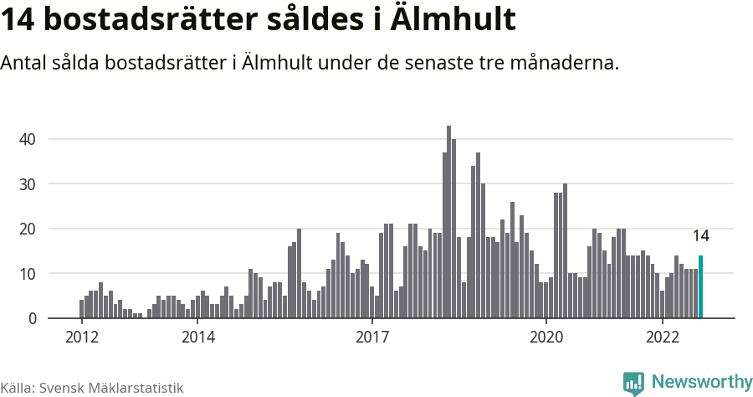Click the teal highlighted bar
700,287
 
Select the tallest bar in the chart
448,222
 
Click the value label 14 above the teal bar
700,236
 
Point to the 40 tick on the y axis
28,139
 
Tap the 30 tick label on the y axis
28,183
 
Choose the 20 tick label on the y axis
28,229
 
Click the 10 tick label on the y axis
28,274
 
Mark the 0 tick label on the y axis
33,318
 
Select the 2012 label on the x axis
81,337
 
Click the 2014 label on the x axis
197,337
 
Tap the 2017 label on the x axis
372,337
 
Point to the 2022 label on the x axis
663,337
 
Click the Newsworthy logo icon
633,383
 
